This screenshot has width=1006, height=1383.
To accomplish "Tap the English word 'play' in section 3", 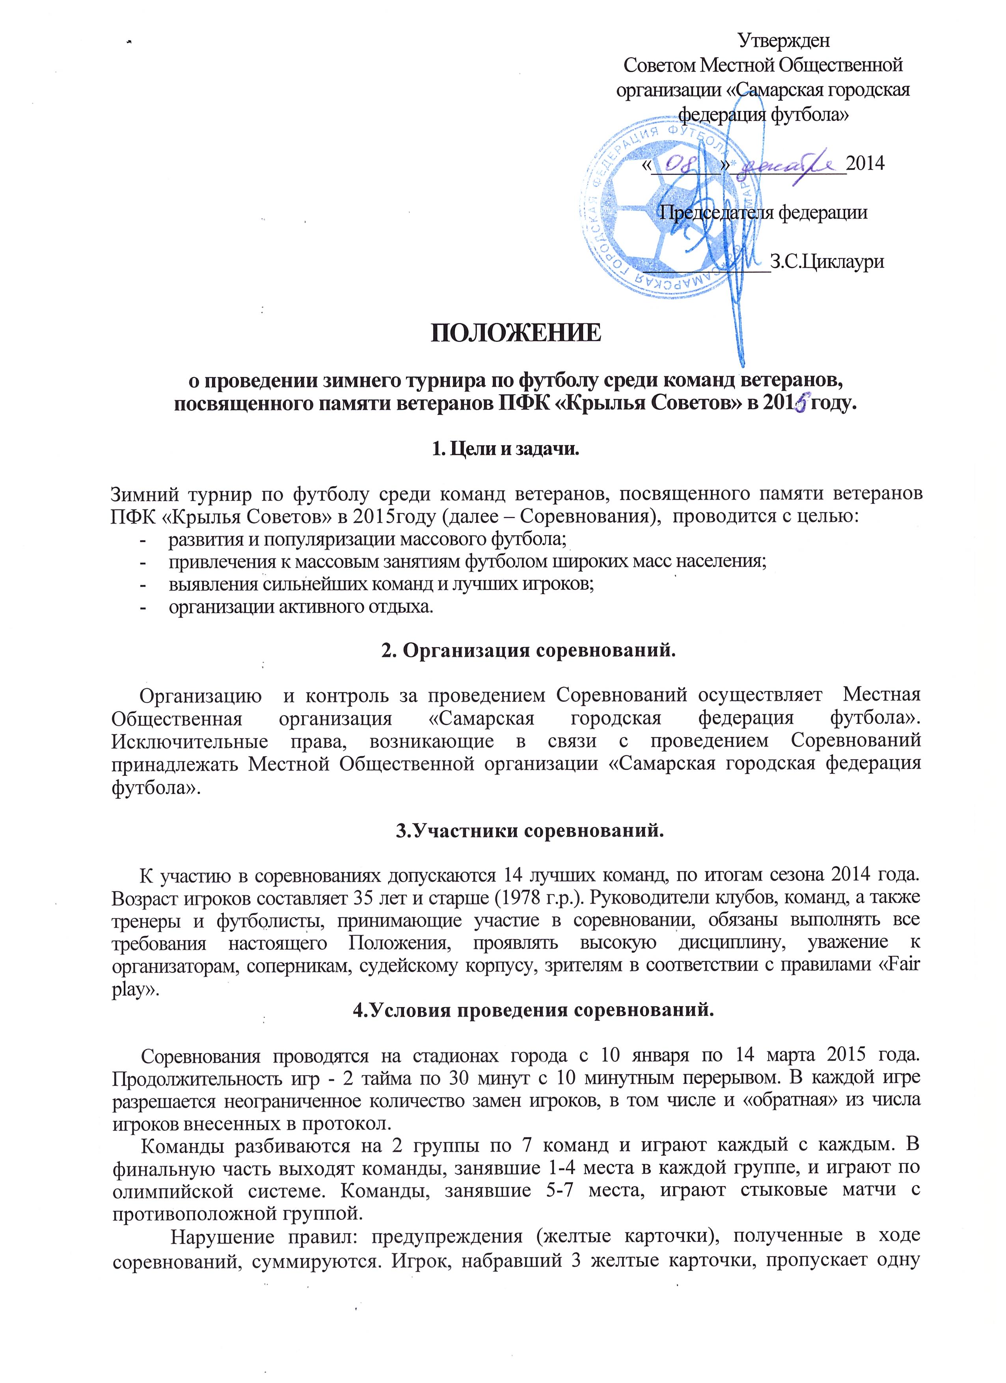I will pos(130,989).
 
